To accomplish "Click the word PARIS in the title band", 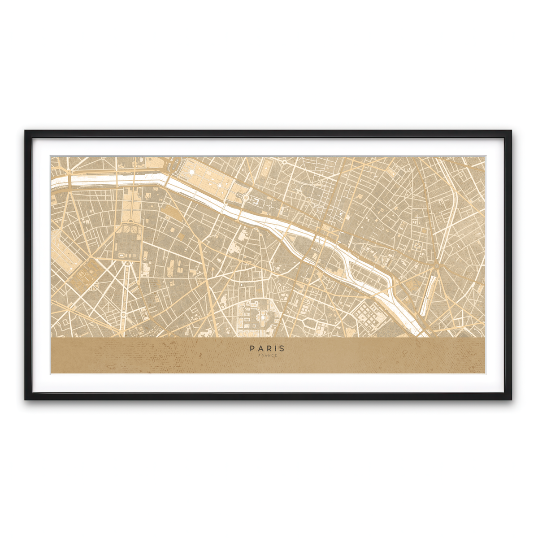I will [x=267, y=348].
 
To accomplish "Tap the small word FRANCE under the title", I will [x=268, y=356].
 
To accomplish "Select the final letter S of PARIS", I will [x=282, y=348].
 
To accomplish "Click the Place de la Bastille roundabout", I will [x=435, y=266].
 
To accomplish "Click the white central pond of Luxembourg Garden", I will [x=261, y=318].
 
